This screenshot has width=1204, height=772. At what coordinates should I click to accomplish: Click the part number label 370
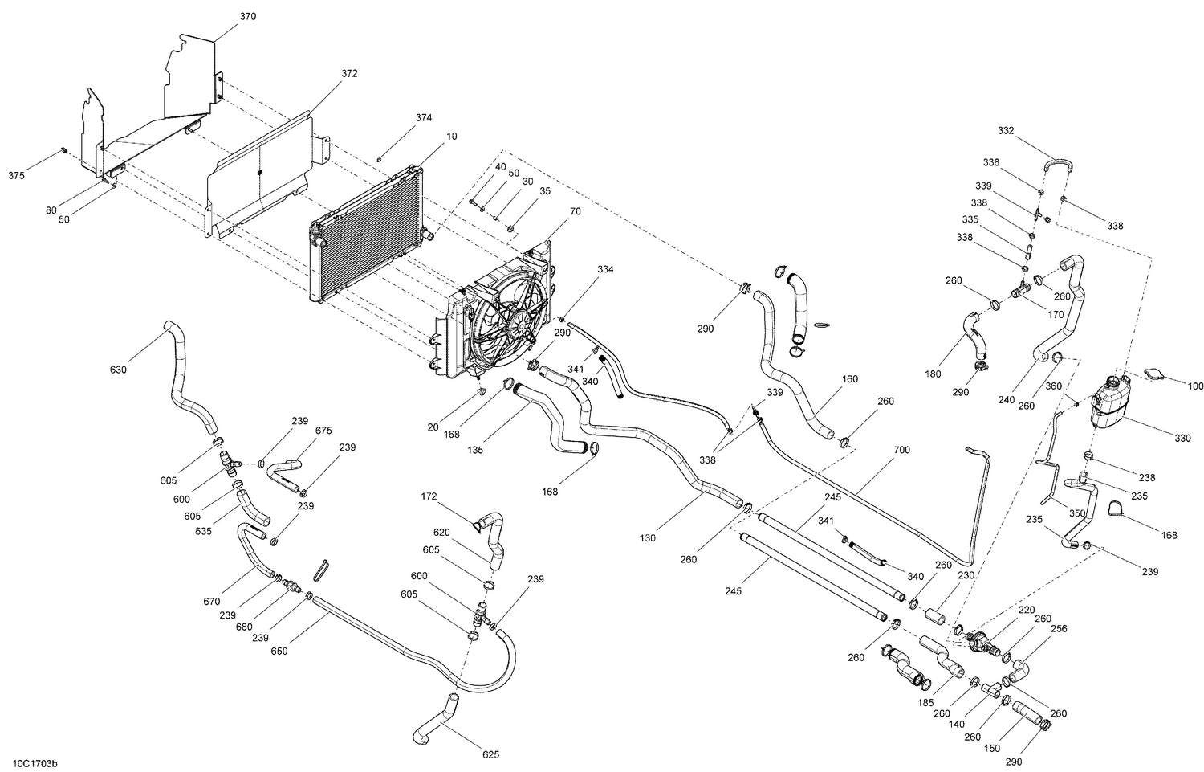pyautogui.click(x=248, y=16)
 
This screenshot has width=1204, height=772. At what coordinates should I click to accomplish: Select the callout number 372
pyautogui.click(x=349, y=73)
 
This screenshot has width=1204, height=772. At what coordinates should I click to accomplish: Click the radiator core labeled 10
pyautogui.click(x=365, y=233)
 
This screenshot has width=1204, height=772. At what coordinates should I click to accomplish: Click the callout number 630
pyautogui.click(x=118, y=370)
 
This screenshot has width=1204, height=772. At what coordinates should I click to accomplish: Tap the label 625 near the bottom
pyautogui.click(x=491, y=754)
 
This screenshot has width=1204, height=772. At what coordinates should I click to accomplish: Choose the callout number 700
pyautogui.click(x=901, y=450)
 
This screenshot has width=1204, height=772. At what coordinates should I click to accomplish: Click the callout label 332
pyautogui.click(x=1006, y=130)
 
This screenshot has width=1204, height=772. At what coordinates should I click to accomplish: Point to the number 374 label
pyautogui.click(x=424, y=117)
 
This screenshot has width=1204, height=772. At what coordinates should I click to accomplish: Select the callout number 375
pyautogui.click(x=16, y=175)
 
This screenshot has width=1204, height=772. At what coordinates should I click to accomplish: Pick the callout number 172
pyautogui.click(x=429, y=497)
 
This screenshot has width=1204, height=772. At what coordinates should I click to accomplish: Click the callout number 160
pyautogui.click(x=850, y=378)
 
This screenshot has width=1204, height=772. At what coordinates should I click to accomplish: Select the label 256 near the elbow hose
pyautogui.click(x=1059, y=629)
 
